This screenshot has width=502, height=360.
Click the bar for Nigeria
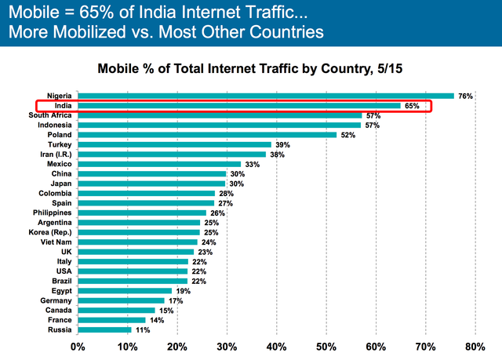[265, 96]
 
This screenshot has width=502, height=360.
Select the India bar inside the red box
[238, 105]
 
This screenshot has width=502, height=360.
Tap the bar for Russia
[104, 329]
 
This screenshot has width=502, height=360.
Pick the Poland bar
[206, 134]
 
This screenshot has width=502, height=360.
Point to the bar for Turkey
[174, 144]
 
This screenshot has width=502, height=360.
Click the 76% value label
[465, 96]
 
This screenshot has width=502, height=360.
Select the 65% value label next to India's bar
[412, 105]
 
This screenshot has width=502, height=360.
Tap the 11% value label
[142, 329]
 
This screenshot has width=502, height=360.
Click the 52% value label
[347, 134]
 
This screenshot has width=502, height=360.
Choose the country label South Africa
[50, 115]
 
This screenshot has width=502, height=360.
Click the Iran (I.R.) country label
[55, 154]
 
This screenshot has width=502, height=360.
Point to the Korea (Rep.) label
[53, 232]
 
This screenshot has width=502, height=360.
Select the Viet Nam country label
[56, 242]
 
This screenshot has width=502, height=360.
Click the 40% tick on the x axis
[277, 345]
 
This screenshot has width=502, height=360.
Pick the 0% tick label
[78, 345]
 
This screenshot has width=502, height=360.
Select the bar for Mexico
[159, 164]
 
